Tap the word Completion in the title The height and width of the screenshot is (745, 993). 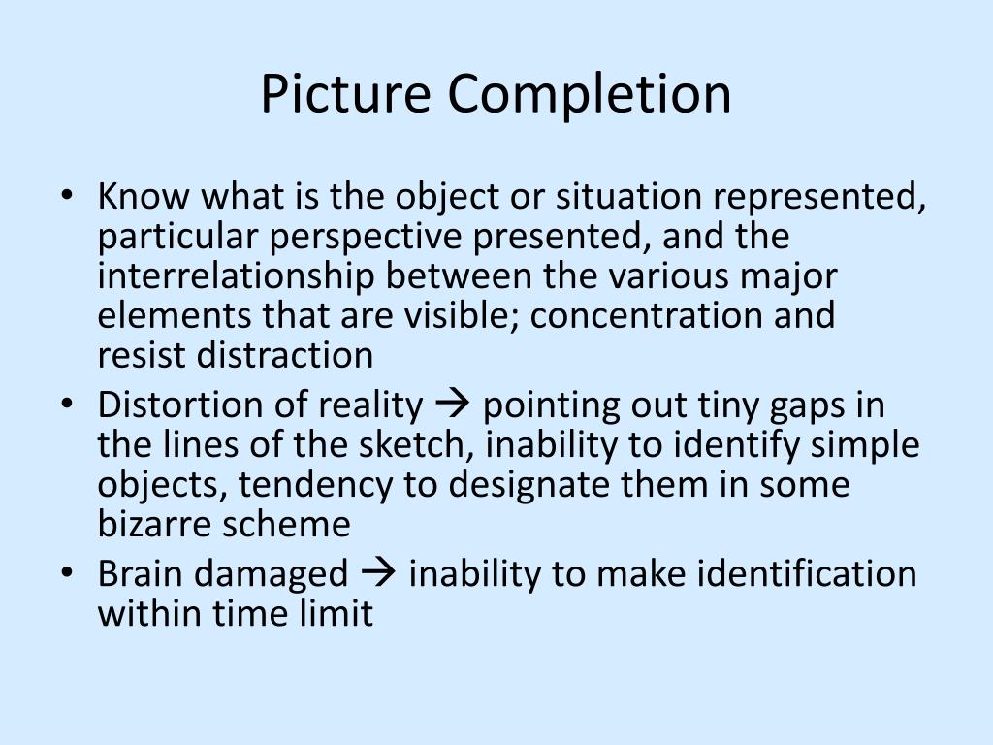(x=590, y=94)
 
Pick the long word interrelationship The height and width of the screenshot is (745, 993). (x=237, y=276)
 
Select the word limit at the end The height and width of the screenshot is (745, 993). (x=338, y=613)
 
